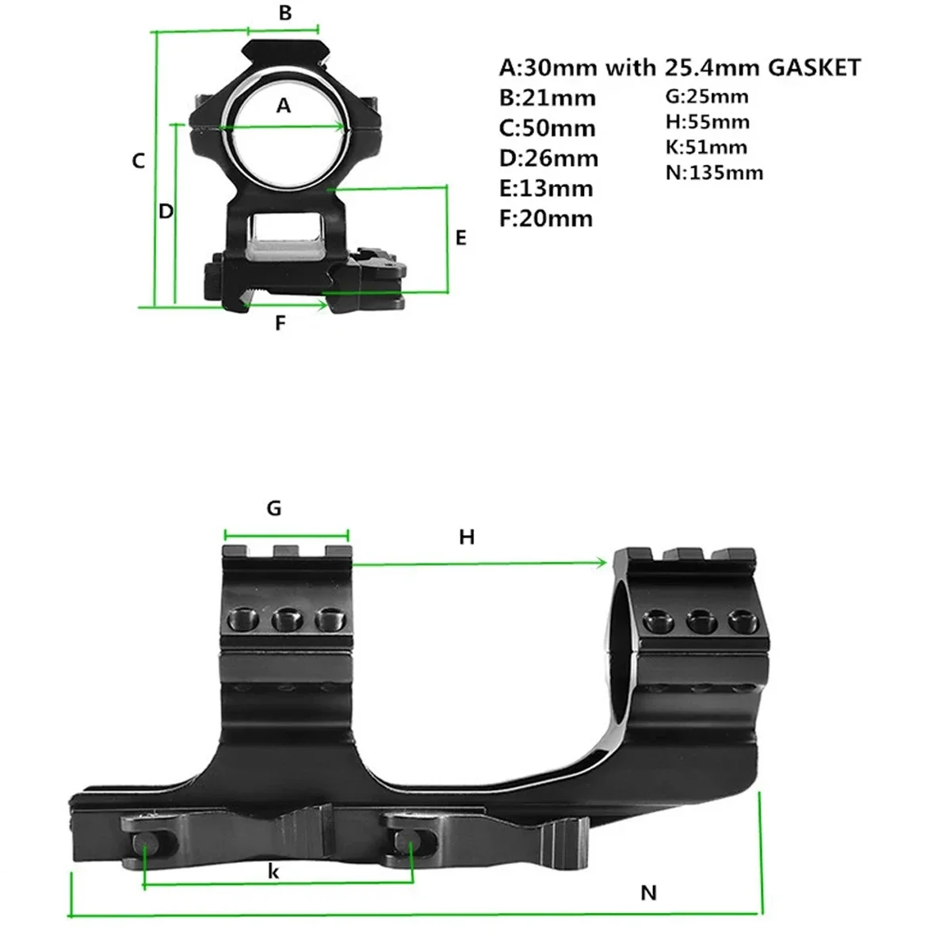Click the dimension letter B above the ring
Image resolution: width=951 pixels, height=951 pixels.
click(285, 13)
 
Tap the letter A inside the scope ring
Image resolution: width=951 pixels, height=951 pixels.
click(284, 105)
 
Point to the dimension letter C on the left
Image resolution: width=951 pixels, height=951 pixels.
click(139, 161)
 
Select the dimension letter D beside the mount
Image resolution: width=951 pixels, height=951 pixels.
click(166, 212)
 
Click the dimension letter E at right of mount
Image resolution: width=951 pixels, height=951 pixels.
click(461, 238)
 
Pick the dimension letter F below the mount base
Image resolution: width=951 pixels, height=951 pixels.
click(280, 323)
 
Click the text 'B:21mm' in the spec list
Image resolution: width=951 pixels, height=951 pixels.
click(547, 98)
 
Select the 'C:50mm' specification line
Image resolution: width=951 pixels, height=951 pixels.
click(547, 128)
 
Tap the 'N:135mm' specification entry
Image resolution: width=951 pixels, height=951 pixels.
click(714, 173)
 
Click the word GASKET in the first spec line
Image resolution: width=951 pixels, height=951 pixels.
click(814, 68)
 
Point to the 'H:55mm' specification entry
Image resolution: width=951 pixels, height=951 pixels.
click(707, 122)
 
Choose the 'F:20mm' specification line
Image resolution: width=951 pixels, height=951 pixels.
click(545, 219)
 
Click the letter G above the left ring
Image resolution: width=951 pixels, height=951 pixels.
click(274, 508)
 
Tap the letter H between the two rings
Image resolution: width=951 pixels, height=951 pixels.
click(467, 537)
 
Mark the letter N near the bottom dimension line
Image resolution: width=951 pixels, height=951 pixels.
click(649, 893)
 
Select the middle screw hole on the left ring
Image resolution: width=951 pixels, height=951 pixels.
click(285, 619)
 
